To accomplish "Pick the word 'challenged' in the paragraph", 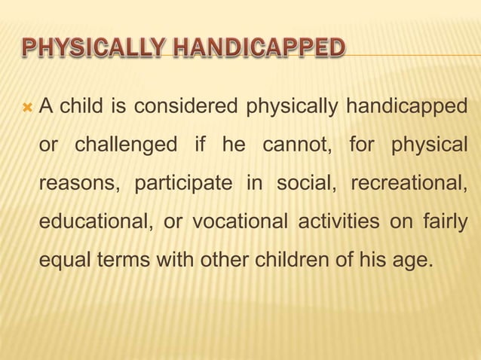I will (x=127, y=145).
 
